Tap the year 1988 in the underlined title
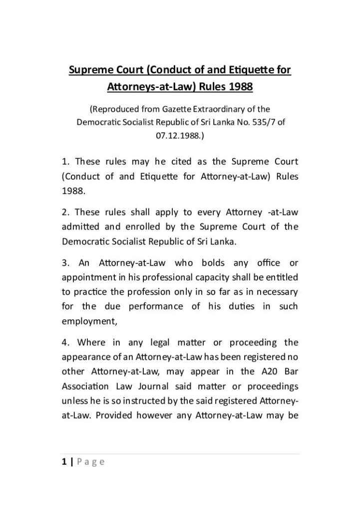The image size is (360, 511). click(242, 87)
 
